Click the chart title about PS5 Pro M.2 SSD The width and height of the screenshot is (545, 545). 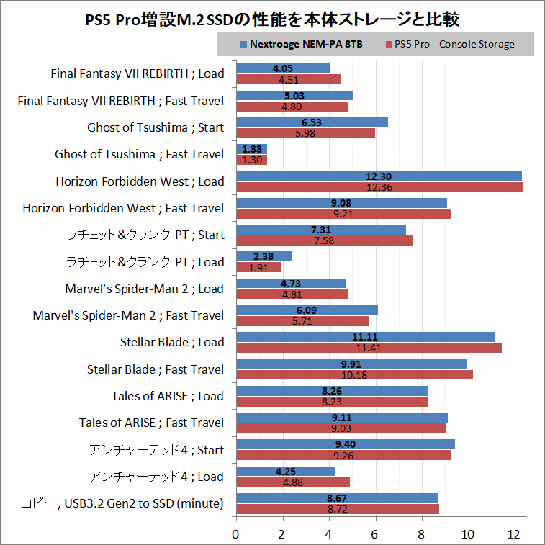point(272,18)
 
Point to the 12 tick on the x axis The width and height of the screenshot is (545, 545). point(515,534)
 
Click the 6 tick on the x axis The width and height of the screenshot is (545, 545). point(375,534)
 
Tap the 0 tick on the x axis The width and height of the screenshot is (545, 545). point(235,534)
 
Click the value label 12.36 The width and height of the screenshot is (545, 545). point(379,187)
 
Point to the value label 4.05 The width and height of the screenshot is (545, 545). point(283,68)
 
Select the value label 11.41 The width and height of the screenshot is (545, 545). point(369,348)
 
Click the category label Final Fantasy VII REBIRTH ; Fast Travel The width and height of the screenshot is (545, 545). point(120,101)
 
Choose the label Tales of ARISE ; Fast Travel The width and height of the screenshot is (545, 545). point(152,423)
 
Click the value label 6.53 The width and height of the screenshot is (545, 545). point(312,122)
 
